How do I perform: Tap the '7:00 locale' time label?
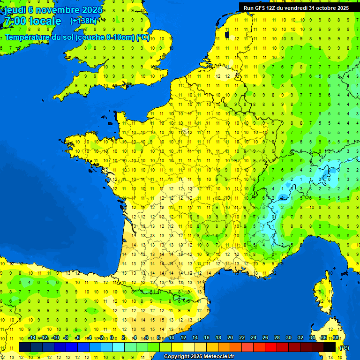33,21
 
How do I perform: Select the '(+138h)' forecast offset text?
83,21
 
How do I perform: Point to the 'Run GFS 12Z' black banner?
296,7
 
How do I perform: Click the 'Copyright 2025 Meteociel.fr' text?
199,356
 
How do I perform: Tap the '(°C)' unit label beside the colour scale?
344,348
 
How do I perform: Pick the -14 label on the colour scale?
32,338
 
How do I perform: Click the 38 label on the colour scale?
336,338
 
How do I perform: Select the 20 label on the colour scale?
230,338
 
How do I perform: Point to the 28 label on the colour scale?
277,338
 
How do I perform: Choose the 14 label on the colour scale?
195,338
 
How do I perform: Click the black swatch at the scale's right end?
330,347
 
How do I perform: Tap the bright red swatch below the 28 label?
271,347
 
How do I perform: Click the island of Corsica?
323,291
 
